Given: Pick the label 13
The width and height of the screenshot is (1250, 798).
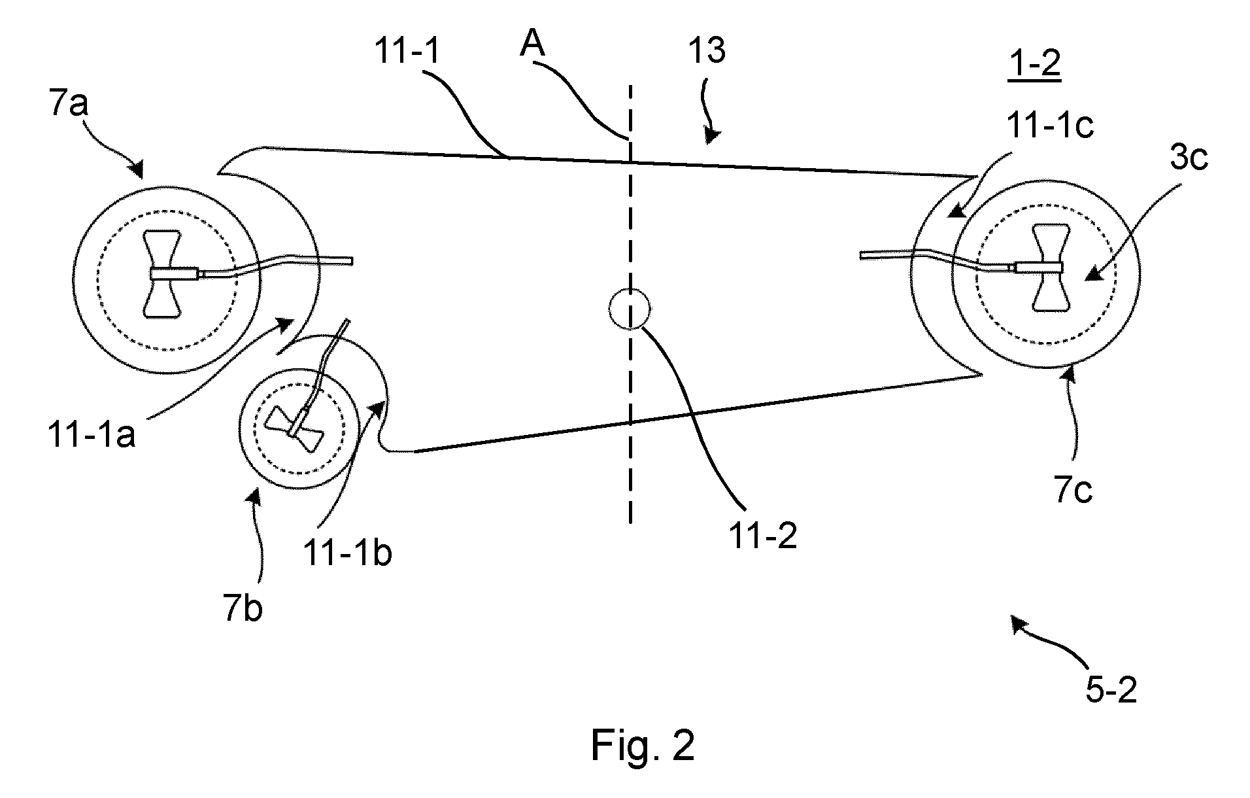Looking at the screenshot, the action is (706, 50).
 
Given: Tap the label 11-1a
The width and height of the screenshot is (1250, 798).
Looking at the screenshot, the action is (92, 434).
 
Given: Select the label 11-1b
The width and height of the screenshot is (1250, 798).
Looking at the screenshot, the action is (347, 553).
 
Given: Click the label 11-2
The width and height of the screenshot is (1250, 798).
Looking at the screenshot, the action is (763, 536).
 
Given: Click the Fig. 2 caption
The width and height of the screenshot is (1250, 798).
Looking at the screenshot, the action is (643, 745).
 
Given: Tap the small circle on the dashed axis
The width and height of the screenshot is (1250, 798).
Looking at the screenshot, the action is (630, 309).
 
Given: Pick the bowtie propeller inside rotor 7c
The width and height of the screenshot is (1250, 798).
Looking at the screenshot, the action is (1049, 266).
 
